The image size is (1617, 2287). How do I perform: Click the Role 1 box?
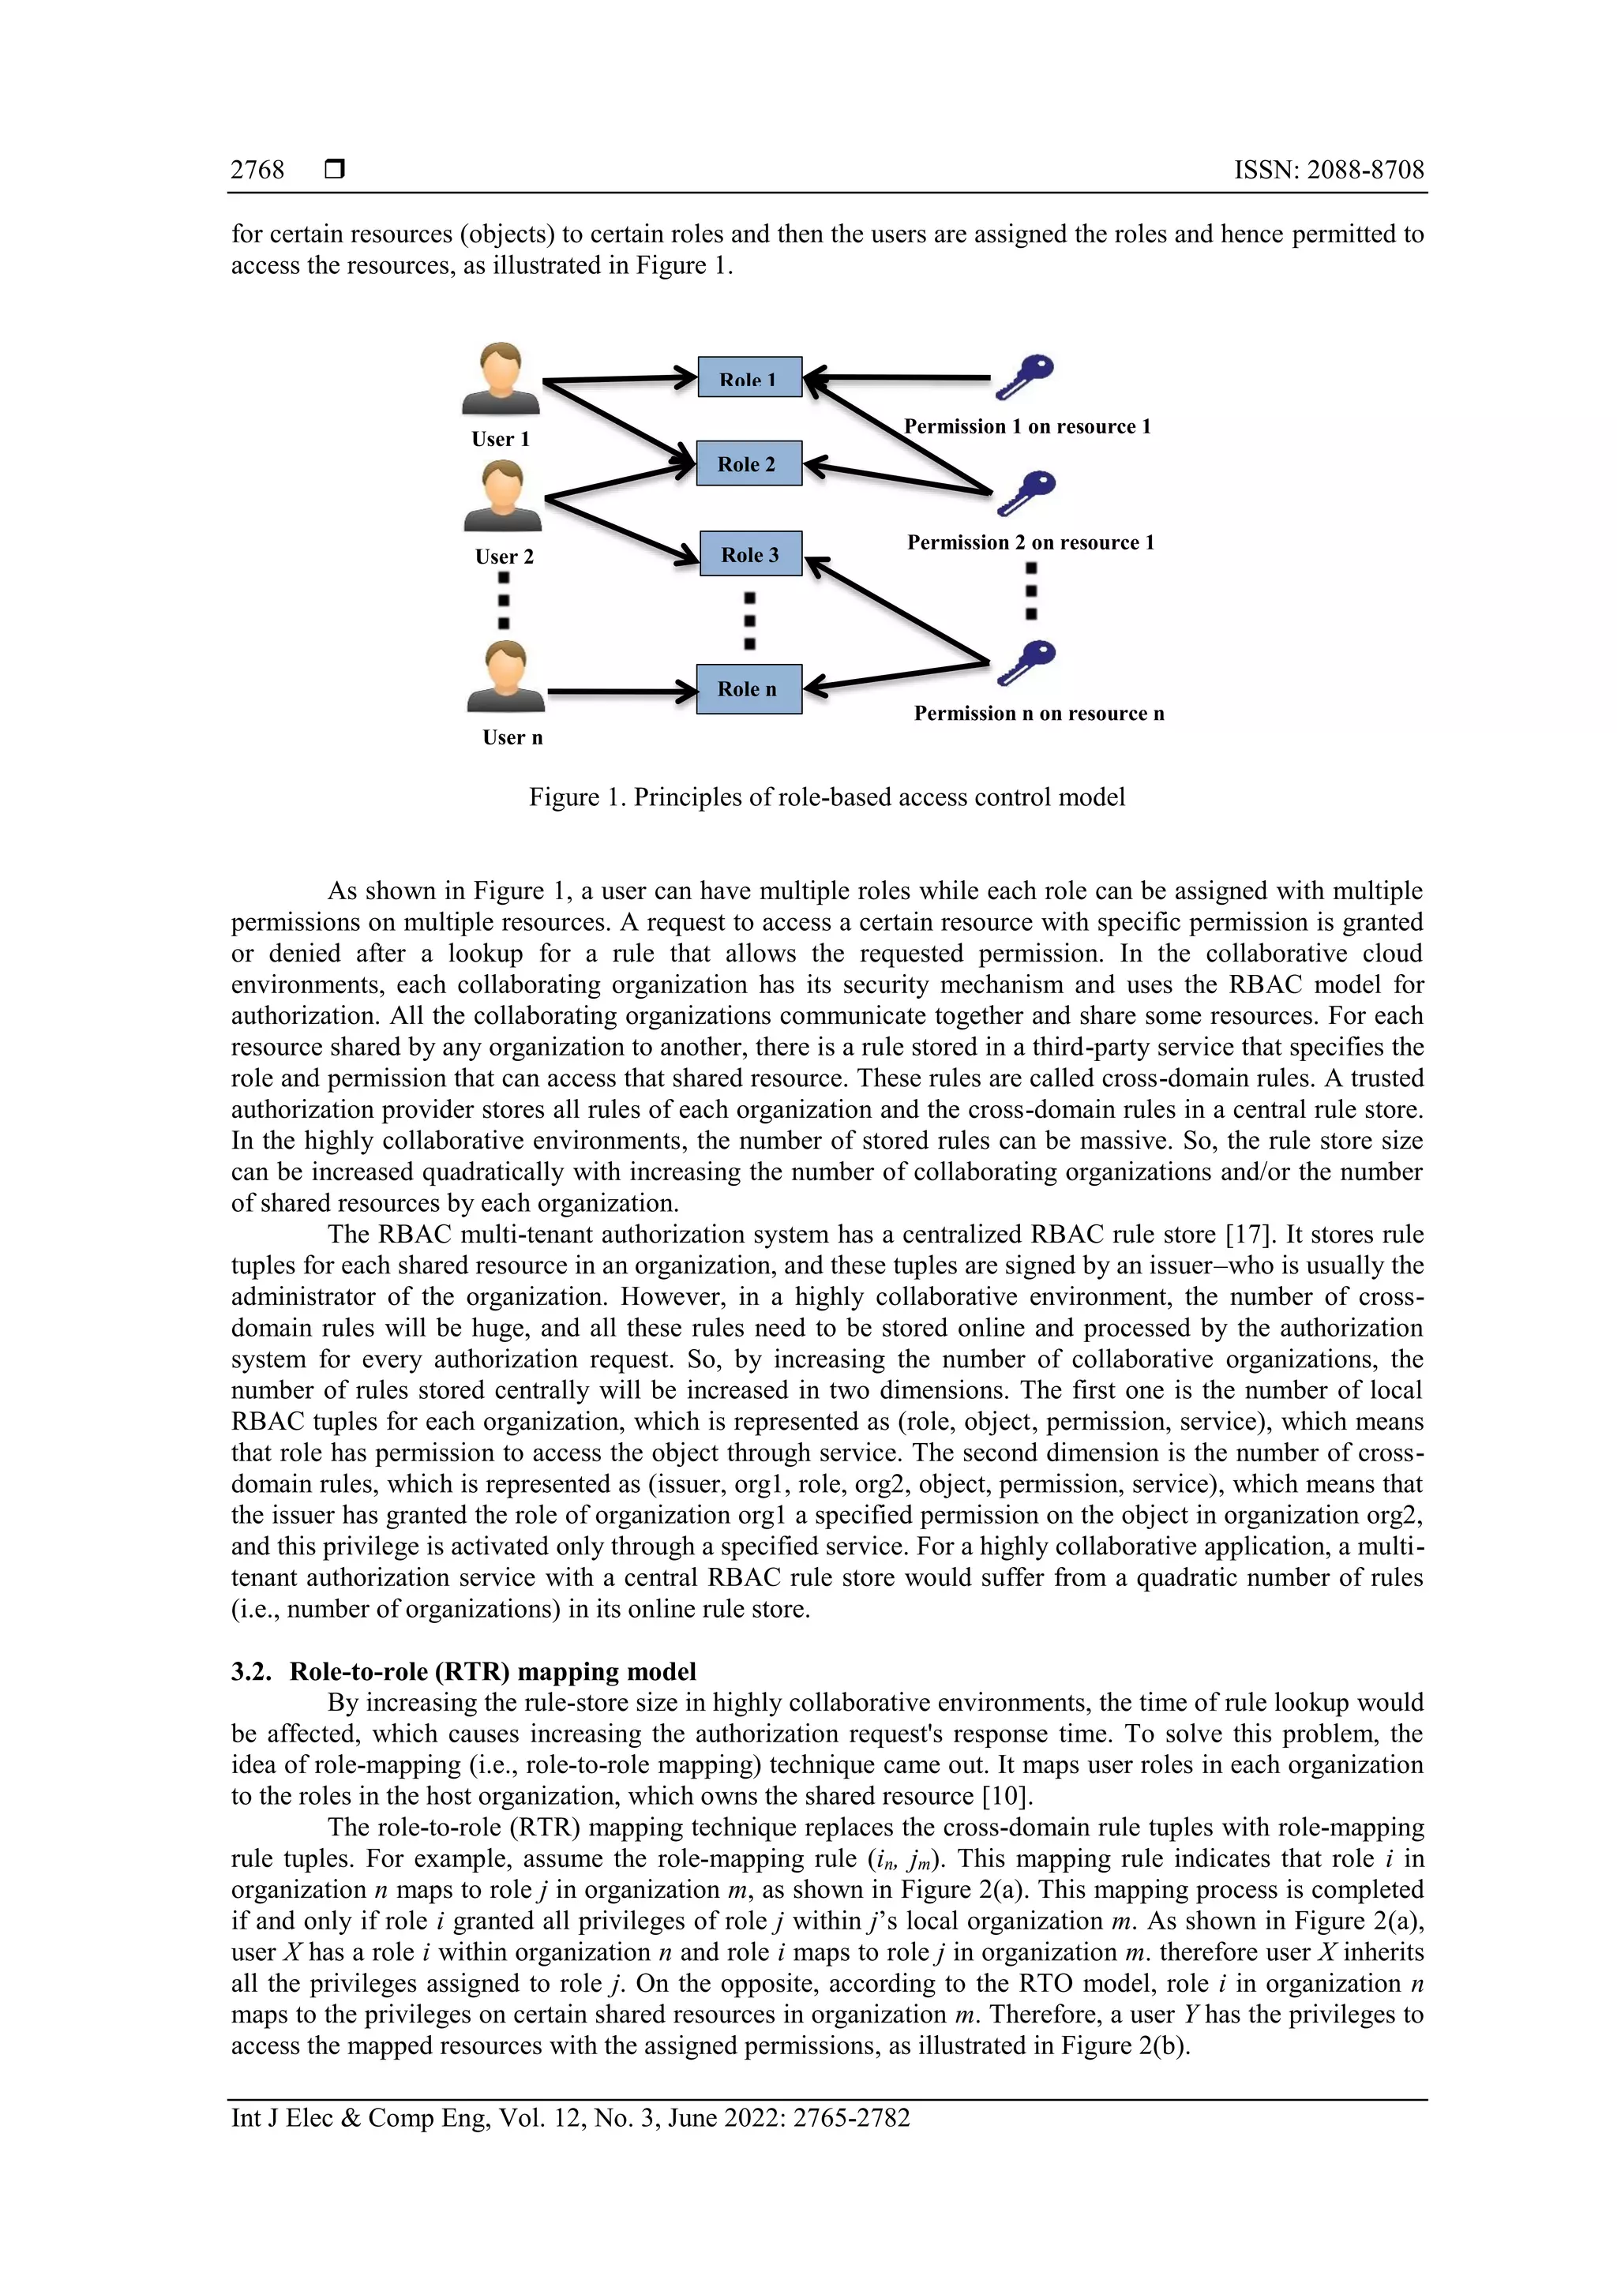click(x=749, y=377)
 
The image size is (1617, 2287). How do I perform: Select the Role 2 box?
click(x=748, y=463)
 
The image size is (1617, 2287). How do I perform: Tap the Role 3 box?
click(x=750, y=554)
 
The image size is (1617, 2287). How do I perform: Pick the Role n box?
click(x=748, y=688)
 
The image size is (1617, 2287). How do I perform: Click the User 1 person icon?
click(x=500, y=380)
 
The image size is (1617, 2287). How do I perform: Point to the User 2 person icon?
click(x=503, y=496)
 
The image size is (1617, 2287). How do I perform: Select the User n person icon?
click(x=506, y=677)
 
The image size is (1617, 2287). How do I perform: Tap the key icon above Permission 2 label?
click(x=1026, y=492)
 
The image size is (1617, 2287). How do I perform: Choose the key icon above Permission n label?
click(x=1026, y=662)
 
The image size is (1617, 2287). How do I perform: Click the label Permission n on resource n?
click(x=1038, y=713)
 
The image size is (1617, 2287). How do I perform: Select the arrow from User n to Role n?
click(x=621, y=690)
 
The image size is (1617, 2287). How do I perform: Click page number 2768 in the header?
click(x=257, y=171)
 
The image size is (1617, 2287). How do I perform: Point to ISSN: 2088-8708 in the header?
click(x=1328, y=171)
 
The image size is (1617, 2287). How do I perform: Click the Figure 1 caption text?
click(x=827, y=797)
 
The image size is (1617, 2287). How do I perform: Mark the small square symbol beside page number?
click(x=335, y=171)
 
